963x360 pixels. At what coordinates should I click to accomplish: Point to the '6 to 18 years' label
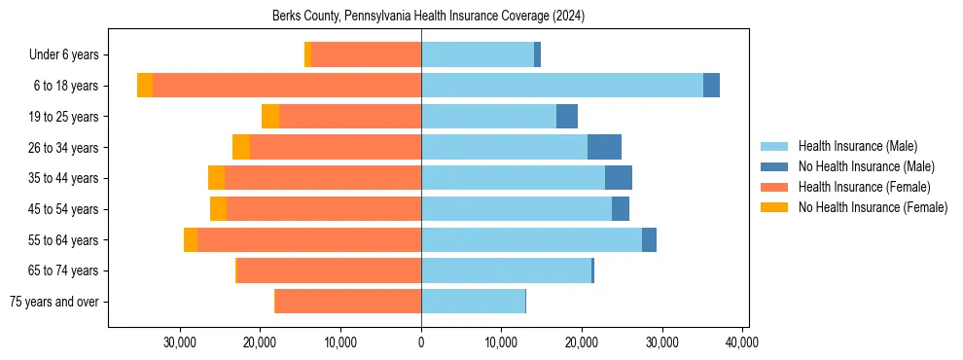(66, 86)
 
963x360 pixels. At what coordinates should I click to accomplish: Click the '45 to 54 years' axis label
(64, 209)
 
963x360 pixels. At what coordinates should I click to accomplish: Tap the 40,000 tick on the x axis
(742, 343)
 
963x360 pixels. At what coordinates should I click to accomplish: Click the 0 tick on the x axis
(421, 343)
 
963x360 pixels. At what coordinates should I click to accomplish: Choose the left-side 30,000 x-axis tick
(180, 343)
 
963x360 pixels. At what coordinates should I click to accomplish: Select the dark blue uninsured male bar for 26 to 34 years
(604, 147)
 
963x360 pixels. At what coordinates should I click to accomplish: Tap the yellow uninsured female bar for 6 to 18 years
(145, 86)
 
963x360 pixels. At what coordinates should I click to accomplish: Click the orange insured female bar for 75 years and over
(348, 302)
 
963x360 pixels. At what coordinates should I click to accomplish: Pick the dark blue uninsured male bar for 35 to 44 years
(619, 178)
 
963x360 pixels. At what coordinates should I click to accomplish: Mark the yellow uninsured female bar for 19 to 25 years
(270, 117)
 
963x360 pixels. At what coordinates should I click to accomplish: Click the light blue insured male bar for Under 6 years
(478, 54)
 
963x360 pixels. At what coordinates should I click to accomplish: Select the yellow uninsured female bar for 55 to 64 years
(191, 240)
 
